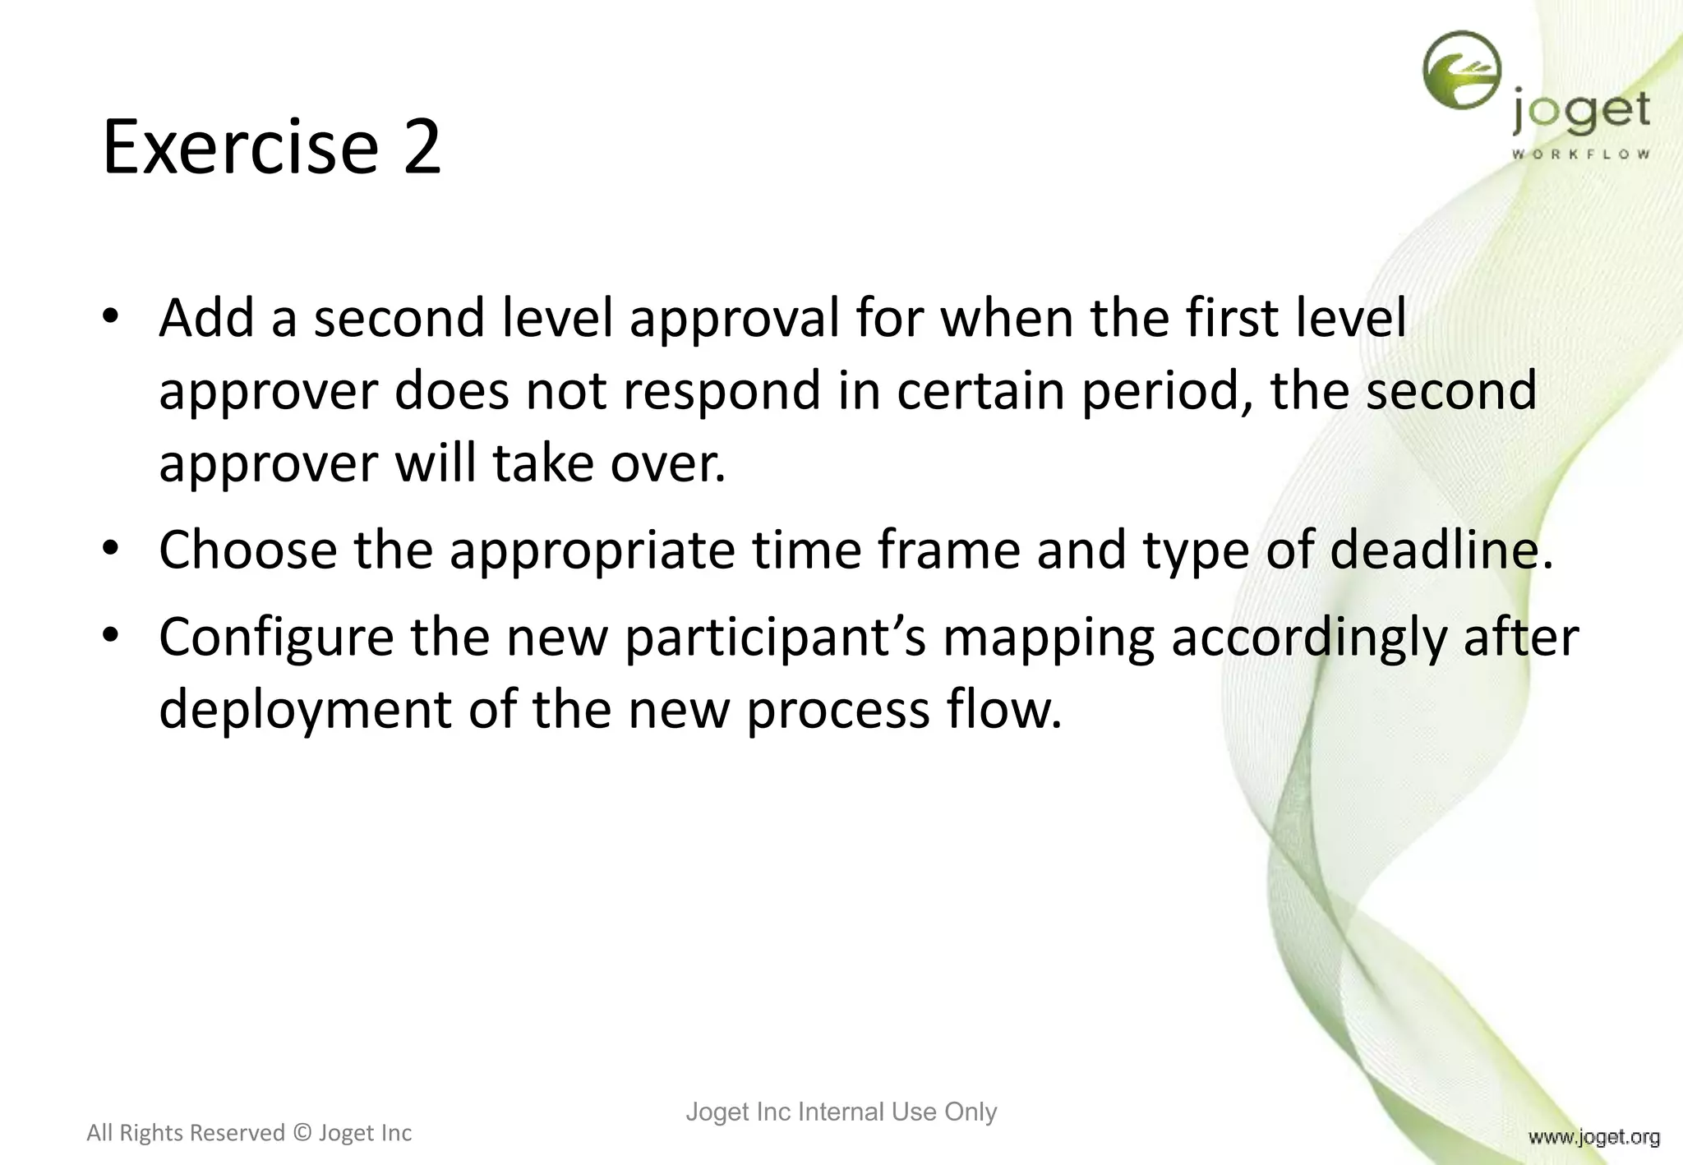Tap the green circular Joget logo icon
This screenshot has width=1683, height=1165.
(1462, 71)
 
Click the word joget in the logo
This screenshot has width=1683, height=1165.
(1580, 113)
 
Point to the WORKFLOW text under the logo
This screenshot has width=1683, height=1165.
(1580, 154)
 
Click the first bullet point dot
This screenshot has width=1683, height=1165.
(112, 319)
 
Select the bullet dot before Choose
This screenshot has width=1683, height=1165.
(112, 550)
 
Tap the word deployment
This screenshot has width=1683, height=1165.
(305, 710)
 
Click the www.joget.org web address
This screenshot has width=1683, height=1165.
(1593, 1137)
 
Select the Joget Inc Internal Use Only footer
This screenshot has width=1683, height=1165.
(841, 1112)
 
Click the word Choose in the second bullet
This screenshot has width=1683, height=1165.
(247, 550)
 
